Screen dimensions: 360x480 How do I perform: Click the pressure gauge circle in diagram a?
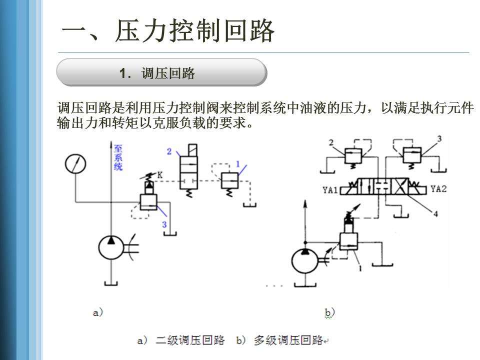coord(75,163)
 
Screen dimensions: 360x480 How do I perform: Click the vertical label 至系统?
coord(118,157)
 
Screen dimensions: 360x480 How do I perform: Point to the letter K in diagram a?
coord(159,175)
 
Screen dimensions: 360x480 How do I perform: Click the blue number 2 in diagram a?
coord(169,151)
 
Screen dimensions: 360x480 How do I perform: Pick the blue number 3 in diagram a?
coord(164,225)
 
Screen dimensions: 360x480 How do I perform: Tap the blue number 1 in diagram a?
coord(238,163)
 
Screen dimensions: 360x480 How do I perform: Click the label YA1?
coord(330,189)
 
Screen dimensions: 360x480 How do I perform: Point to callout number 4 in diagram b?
coord(435,214)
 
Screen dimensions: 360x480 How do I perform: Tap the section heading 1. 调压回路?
coord(157,73)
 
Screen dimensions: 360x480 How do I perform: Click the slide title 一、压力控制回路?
coord(168,31)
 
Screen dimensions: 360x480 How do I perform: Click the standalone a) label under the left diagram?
coord(98,312)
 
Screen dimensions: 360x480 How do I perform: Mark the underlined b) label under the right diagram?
coord(329,313)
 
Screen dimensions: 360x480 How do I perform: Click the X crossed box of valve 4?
coord(399,189)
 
